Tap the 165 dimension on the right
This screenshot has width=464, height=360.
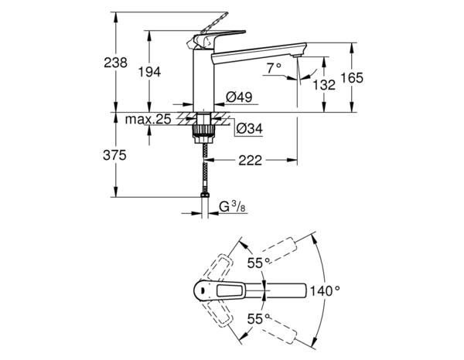point(352,78)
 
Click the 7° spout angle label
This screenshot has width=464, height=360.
point(274,69)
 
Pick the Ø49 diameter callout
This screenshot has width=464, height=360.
point(236,97)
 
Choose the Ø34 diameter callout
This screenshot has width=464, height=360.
point(248,127)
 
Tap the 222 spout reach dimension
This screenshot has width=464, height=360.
point(249,161)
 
